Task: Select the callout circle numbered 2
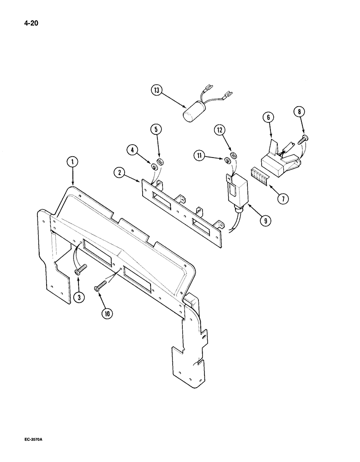pos(120,173)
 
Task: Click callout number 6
pos(267,118)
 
